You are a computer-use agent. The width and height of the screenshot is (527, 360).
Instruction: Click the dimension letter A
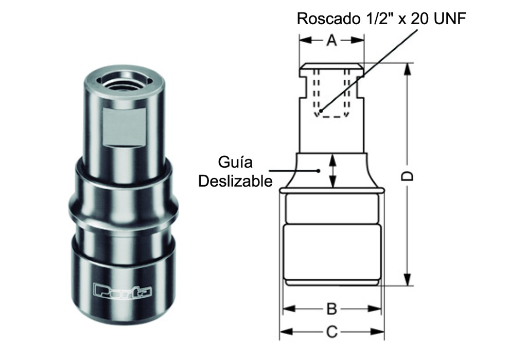(332, 41)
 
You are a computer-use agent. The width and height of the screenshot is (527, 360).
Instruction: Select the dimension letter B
(332, 309)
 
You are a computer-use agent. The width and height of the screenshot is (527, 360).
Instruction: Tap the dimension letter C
(332, 332)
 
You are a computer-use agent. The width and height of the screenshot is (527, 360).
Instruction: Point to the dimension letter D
(407, 175)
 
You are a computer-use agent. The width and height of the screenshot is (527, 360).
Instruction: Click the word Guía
(236, 163)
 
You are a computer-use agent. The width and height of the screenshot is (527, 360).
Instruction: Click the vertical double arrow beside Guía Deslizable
(333, 171)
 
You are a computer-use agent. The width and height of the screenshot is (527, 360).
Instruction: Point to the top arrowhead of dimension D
(407, 67)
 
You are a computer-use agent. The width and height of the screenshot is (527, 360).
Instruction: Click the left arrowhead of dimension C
(283, 332)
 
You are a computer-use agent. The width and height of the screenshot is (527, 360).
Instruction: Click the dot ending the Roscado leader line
(320, 110)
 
